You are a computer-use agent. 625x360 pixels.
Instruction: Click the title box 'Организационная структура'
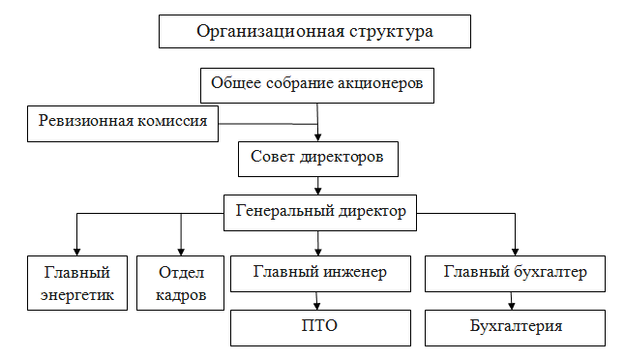point(314,31)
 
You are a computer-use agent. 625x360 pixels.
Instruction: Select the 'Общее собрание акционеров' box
point(317,84)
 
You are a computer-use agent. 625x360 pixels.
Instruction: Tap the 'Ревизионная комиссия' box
point(123,122)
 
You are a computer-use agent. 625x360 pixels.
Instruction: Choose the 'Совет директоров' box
point(317,158)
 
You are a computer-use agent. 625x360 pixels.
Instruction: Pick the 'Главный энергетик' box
point(77,282)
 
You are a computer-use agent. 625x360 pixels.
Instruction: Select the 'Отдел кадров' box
point(181,282)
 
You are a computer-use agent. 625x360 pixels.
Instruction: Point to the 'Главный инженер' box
point(320,273)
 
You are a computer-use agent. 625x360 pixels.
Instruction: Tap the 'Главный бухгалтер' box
point(515,273)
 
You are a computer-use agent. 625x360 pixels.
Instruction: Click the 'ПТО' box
point(320,326)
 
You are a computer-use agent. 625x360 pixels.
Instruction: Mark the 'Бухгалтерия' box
point(515,326)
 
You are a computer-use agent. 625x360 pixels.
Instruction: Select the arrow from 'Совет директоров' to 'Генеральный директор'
point(317,186)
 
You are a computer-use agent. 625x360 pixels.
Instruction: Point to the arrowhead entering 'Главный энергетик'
point(77,250)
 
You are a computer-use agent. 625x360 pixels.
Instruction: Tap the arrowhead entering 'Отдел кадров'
point(181,250)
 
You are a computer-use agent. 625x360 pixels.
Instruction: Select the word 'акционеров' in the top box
point(380,84)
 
